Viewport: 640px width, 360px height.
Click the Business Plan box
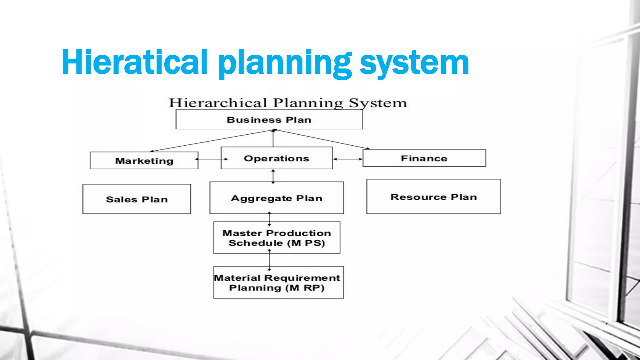[269, 120]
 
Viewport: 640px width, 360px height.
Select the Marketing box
[144, 161]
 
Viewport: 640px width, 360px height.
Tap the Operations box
[277, 158]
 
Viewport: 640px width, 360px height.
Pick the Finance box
[424, 158]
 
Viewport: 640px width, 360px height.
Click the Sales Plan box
[137, 199]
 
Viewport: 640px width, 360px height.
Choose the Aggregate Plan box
[277, 198]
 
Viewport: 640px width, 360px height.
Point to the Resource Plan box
[433, 197]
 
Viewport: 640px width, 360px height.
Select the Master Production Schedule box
[277, 238]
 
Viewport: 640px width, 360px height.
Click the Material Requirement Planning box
[278, 282]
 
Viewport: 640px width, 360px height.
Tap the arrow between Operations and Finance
[347, 159]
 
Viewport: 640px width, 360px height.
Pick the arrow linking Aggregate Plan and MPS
[269, 218]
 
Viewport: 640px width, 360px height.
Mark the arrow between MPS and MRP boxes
[269, 260]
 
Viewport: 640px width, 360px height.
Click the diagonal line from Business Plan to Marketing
[212, 141]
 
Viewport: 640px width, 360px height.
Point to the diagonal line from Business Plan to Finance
[322, 139]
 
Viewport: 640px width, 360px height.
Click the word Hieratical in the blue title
[135, 62]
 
